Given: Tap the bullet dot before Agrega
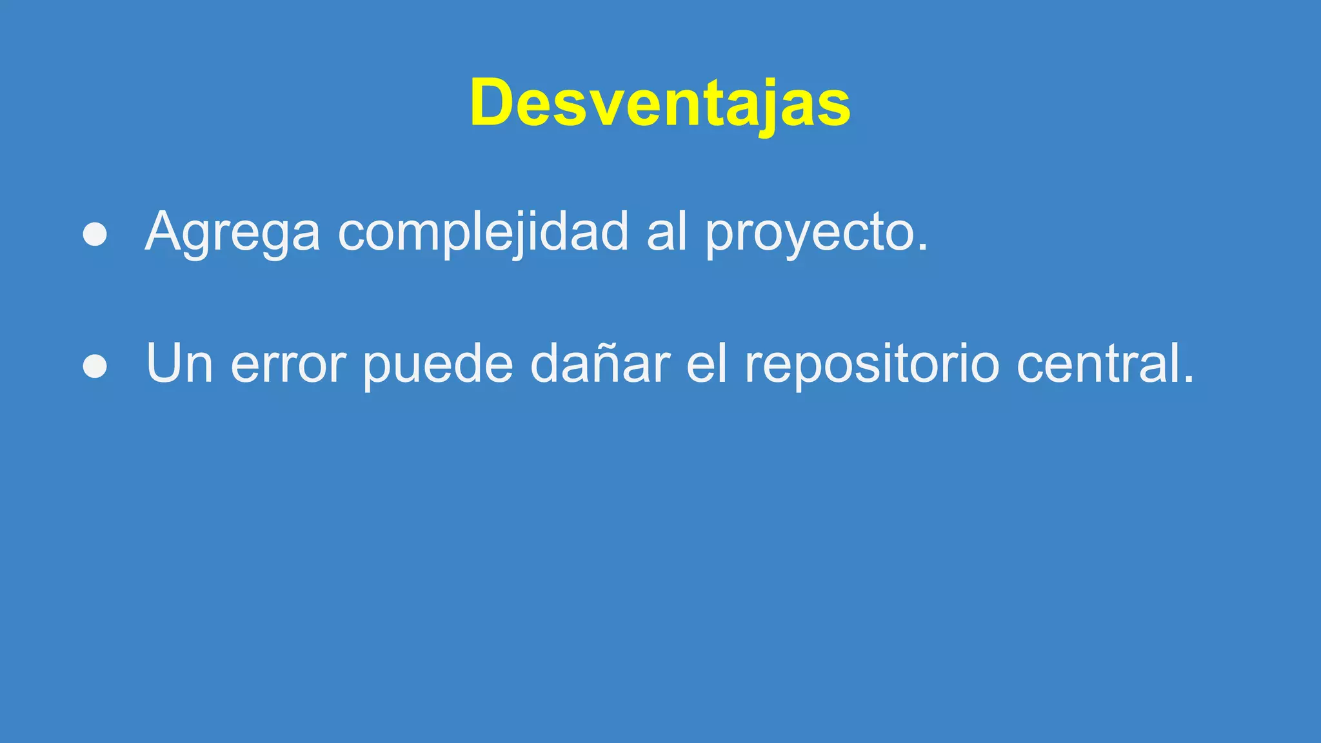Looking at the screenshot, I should point(95,235).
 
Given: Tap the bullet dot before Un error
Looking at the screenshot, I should point(95,366).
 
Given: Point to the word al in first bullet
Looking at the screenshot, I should point(666,232).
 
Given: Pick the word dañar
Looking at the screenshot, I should point(600,364).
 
